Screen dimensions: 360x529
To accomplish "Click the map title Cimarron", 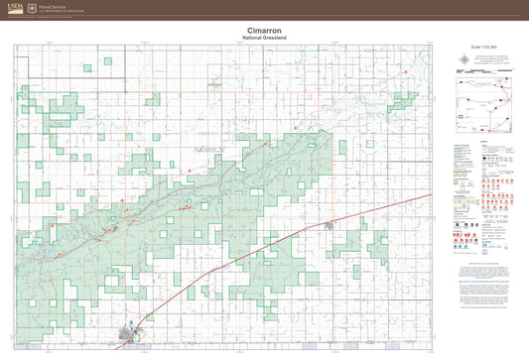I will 264,31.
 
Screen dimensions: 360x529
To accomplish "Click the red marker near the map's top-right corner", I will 406,71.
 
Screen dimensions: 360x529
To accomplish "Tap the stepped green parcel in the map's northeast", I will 401,100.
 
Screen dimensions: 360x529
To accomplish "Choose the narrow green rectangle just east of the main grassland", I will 341,147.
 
